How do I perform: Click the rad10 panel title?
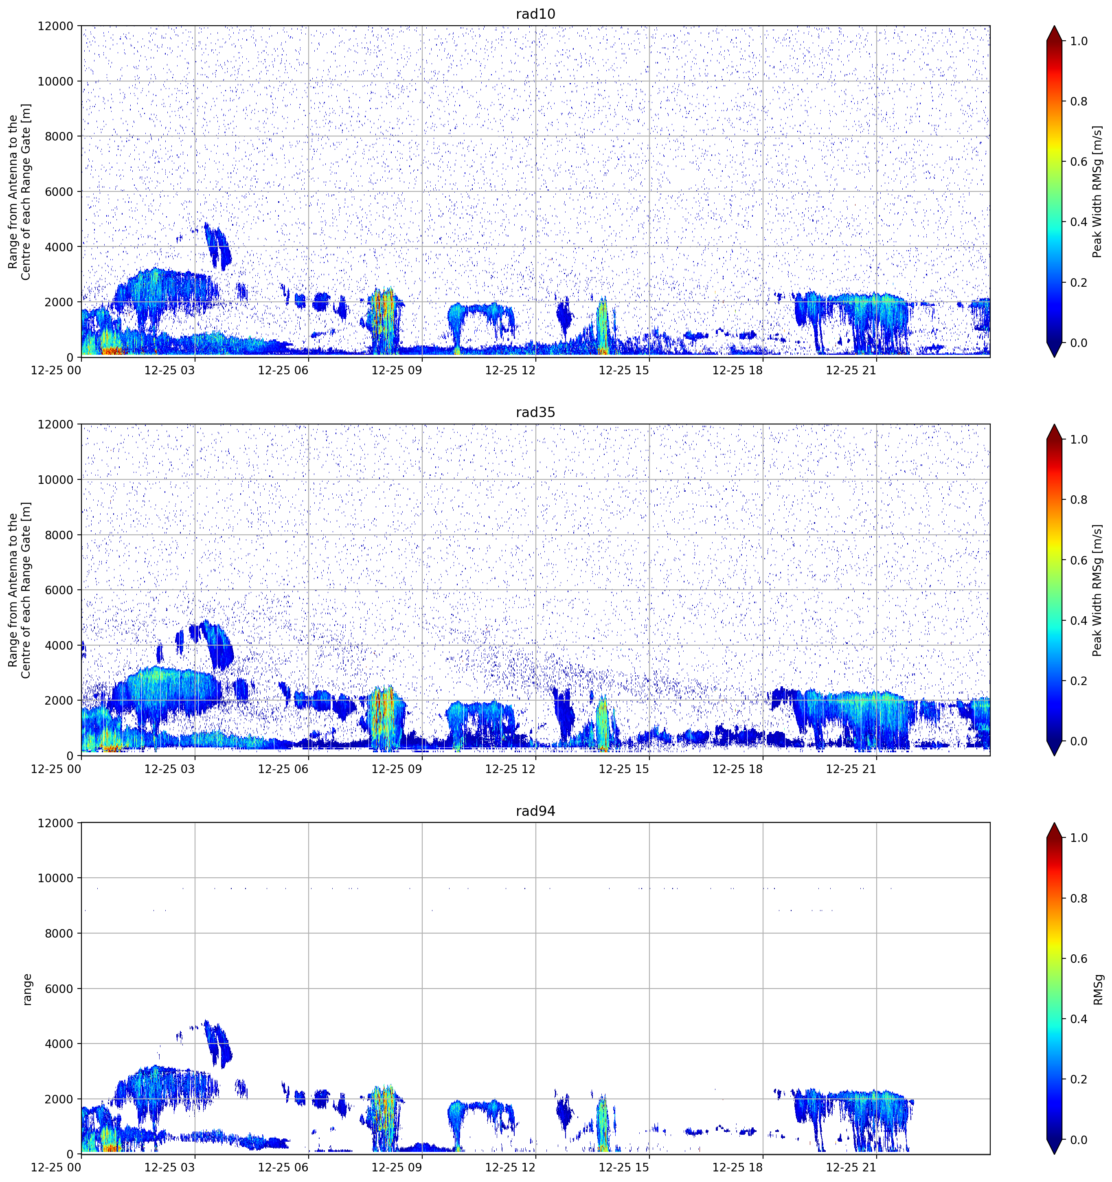point(535,14)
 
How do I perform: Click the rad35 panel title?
point(535,412)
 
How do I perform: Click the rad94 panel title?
point(535,811)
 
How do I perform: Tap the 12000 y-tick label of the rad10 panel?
point(56,26)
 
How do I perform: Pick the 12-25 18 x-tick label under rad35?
point(737,769)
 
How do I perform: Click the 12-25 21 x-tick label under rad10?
point(851,370)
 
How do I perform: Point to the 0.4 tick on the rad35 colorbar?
point(1079,621)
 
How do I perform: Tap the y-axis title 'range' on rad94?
point(27,989)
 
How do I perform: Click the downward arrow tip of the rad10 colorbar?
point(1054,357)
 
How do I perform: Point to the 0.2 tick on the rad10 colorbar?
point(1079,282)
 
